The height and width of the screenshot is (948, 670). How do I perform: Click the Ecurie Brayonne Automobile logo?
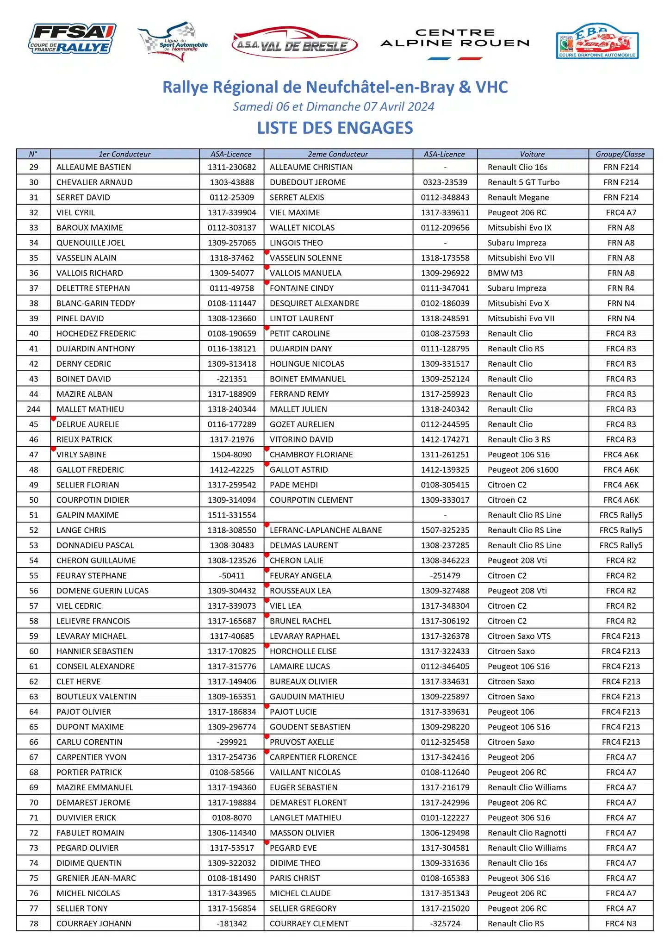(x=597, y=42)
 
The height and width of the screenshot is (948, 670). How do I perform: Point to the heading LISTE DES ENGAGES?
(x=335, y=128)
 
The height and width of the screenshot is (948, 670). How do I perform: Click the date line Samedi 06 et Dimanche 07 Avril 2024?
(x=334, y=106)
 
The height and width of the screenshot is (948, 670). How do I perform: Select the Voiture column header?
(x=532, y=154)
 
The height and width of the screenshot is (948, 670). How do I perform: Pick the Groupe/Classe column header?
(x=620, y=154)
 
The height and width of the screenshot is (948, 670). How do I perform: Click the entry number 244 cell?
(x=34, y=409)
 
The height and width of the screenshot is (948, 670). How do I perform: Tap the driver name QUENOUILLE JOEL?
(x=91, y=243)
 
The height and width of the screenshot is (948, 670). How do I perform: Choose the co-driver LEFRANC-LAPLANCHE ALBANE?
(x=326, y=530)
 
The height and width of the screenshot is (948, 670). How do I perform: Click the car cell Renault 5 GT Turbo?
(x=523, y=182)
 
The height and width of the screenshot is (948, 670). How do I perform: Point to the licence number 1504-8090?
(x=232, y=455)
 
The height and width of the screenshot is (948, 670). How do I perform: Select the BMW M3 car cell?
(x=505, y=273)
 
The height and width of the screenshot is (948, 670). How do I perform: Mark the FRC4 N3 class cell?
(x=621, y=923)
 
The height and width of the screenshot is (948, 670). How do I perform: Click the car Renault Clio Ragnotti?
(x=527, y=833)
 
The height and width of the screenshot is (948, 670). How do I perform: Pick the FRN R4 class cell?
(x=621, y=288)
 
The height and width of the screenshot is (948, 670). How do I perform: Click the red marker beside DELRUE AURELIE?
(x=53, y=419)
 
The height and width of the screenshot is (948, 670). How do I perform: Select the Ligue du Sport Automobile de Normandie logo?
(x=174, y=42)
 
